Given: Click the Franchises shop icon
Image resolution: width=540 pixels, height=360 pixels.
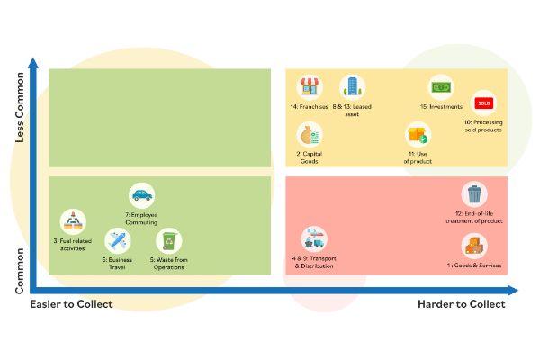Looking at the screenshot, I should (310, 87).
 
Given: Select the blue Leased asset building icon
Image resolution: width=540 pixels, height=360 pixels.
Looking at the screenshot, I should (351, 87).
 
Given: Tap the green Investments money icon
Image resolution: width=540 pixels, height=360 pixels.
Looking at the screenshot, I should (440, 88).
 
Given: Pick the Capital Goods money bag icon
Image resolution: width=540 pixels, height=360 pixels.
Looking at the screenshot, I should (310, 135).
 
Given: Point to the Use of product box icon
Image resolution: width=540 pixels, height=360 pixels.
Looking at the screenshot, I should (418, 135).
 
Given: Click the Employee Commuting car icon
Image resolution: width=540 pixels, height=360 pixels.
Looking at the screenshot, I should (141, 193).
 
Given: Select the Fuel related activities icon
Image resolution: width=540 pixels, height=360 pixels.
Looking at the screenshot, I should (72, 220).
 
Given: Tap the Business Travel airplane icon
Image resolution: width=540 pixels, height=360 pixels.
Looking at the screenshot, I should (116, 240).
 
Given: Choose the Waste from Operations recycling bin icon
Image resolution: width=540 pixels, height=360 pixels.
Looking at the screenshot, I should (168, 240).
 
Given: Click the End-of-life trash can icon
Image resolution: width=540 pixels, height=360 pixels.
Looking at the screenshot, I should (474, 193).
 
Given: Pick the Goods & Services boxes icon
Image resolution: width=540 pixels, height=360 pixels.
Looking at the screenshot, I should (474, 245).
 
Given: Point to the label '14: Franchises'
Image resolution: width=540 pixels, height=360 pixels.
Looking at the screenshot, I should (309, 106).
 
